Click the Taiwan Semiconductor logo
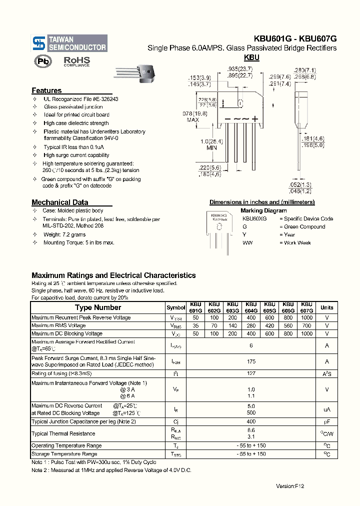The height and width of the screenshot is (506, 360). tap(69, 43)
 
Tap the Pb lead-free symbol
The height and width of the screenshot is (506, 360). tap(43, 61)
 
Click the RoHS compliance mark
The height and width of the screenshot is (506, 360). tap(76, 61)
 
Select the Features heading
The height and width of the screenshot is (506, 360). tap(46, 90)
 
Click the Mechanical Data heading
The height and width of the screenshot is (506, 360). tap(59, 202)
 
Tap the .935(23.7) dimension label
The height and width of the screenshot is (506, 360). tap(239, 69)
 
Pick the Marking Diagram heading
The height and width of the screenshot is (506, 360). tap(263, 210)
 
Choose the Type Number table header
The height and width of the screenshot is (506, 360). tap(98, 307)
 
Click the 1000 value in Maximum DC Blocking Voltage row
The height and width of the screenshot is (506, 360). tap(307, 333)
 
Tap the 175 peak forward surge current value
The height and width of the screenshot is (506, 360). tap(251, 361)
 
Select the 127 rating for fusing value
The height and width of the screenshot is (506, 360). tap(251, 373)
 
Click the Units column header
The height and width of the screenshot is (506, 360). tap(327, 307)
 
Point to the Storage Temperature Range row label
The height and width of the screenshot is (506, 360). tap(64, 454)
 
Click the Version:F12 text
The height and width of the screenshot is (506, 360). tap(290, 486)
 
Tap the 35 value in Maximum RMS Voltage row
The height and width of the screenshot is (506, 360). tap(195, 325)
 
